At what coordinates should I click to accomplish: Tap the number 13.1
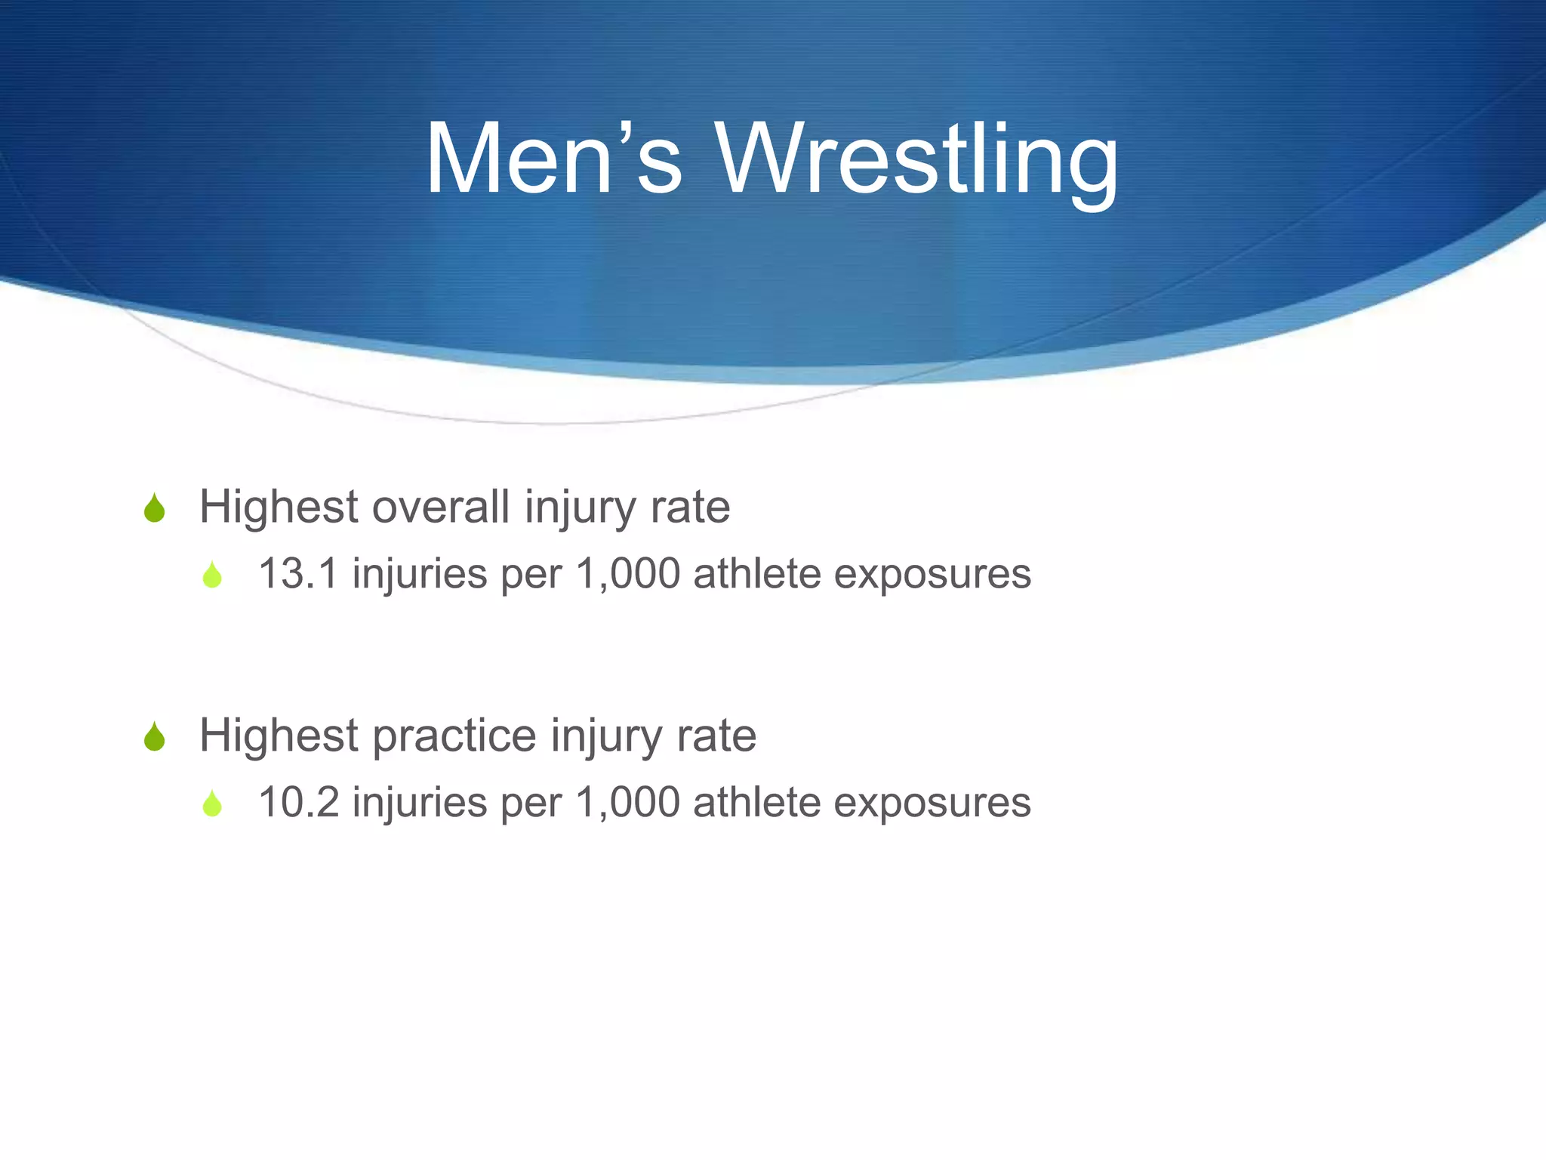point(297,574)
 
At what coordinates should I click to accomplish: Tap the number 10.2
point(297,802)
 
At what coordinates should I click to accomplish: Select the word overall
point(441,507)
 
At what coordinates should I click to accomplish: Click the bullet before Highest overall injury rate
point(154,508)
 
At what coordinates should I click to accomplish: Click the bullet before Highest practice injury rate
point(154,737)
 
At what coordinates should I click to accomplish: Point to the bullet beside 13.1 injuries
point(212,575)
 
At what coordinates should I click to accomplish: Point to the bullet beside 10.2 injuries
point(212,804)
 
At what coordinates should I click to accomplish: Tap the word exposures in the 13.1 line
point(932,575)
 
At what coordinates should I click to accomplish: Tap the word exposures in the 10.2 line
point(932,804)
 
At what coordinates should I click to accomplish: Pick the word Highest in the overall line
point(278,507)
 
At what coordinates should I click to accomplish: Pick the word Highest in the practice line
point(278,736)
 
